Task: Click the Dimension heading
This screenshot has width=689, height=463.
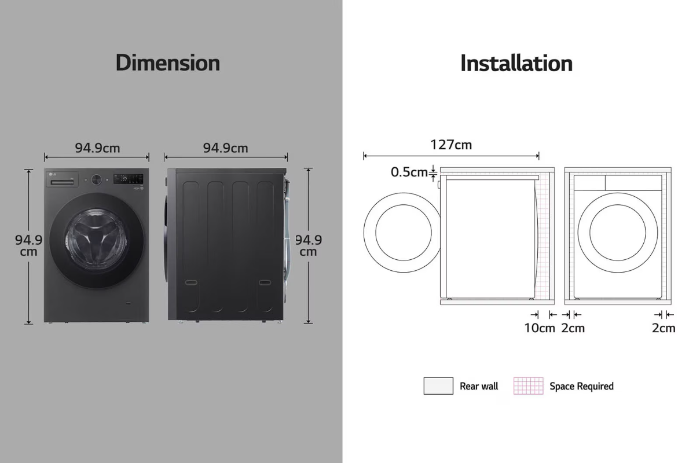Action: [x=168, y=63]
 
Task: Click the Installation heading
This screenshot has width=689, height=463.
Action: [x=516, y=63]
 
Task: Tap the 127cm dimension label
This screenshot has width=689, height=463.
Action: [x=451, y=145]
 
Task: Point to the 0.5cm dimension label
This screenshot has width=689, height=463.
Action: [x=409, y=172]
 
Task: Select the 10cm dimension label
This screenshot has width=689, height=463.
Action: [x=540, y=328]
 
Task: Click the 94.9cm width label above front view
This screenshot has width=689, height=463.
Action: [x=97, y=148]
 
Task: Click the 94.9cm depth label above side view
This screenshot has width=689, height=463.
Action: [x=225, y=148]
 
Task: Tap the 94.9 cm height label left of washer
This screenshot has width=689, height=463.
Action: [x=28, y=245]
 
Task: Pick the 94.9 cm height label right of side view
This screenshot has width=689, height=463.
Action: [x=309, y=245]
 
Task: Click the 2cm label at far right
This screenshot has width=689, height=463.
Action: [x=664, y=328]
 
